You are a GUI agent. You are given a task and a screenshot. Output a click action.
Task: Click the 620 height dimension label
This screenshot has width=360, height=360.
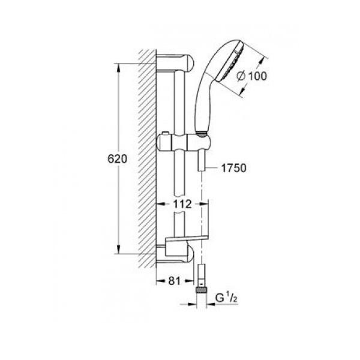click(x=118, y=159)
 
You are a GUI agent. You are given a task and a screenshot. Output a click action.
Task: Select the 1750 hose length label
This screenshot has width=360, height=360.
click(x=233, y=168)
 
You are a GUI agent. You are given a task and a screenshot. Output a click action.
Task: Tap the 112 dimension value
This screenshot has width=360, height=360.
click(x=182, y=204)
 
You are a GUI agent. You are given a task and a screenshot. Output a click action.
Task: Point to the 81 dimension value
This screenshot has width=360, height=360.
click(x=175, y=281)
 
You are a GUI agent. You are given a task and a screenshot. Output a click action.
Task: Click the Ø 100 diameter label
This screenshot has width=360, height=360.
click(x=252, y=76)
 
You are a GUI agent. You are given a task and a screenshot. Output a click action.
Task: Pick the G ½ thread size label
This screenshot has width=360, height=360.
click(x=226, y=298)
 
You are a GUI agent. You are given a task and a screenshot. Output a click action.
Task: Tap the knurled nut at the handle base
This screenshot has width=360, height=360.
click(x=202, y=134)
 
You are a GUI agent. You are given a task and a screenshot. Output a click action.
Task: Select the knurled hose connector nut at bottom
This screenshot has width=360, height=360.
click(x=202, y=290)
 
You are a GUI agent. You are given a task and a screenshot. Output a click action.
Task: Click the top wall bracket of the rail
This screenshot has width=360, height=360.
click(x=175, y=64)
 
